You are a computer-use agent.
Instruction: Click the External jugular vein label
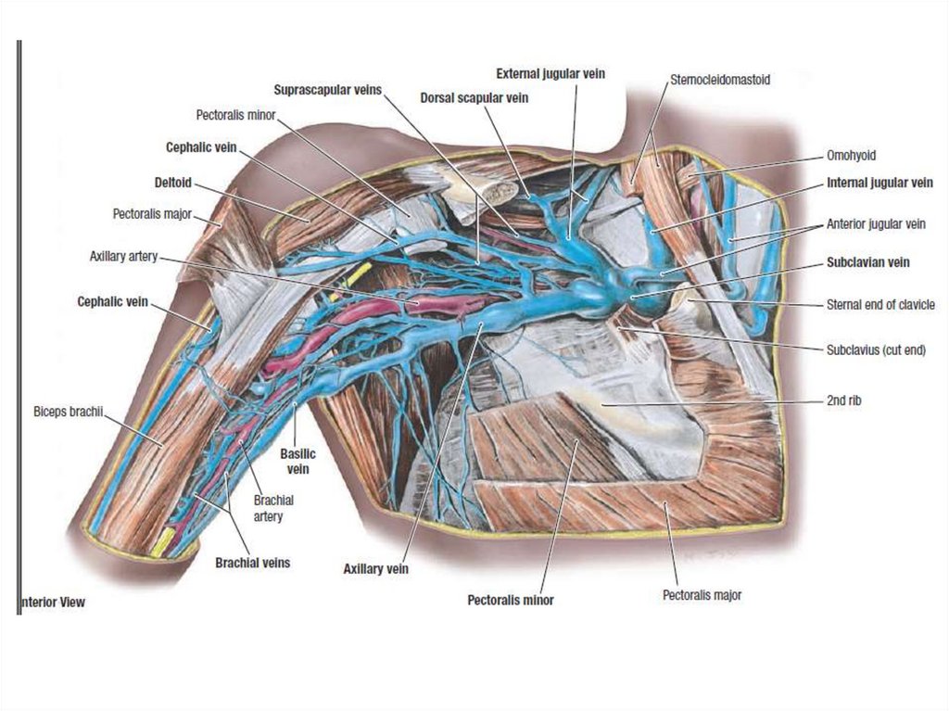tap(550, 73)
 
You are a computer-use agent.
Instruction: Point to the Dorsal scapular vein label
tap(474, 97)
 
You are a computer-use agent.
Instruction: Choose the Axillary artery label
tap(123, 255)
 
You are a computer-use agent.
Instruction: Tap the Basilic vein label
tap(297, 461)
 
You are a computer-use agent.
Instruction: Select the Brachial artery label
tap(273, 508)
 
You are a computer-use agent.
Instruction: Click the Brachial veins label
tap(252, 562)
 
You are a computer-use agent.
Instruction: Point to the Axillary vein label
tap(375, 567)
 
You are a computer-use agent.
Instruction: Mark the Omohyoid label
tap(851, 156)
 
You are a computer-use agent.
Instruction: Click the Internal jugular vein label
tap(879, 184)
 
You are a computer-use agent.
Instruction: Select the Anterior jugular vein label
tap(876, 224)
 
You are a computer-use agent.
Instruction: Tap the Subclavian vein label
tap(867, 262)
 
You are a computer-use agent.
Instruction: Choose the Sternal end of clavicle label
tap(880, 304)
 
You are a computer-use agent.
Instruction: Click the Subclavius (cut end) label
tap(876, 350)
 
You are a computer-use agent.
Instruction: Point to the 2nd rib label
tap(846, 401)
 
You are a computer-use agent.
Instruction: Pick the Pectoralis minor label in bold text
tap(510, 600)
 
